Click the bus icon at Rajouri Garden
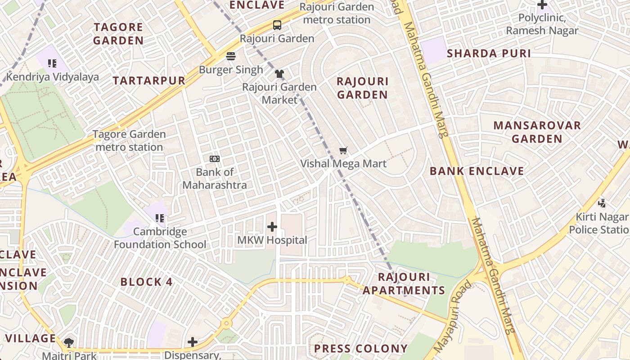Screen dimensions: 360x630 pos(277,25)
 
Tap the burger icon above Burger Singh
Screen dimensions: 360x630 pos(231,56)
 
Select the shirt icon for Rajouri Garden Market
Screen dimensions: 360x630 pos(279,74)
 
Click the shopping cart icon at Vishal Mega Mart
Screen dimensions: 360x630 pos(343,150)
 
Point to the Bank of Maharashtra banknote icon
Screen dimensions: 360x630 pos(215,159)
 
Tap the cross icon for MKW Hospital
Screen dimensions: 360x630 pos(272,227)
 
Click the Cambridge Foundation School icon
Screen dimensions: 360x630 pos(160,219)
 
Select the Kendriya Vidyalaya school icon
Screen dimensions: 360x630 pos(53,63)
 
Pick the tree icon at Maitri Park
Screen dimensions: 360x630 pos(69,343)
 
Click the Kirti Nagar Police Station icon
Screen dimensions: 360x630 pos(602,203)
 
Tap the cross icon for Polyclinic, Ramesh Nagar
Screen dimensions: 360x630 pos(542,5)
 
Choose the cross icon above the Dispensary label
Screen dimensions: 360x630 pos(193,342)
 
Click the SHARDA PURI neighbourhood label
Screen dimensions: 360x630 pos(489,54)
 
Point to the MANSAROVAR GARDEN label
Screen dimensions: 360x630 pos(537,132)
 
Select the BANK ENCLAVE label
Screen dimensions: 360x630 pos(477,171)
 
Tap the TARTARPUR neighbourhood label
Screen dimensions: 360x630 pos(149,81)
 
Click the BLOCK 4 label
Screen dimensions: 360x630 pos(146,282)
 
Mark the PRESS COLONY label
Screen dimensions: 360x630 pos(360,349)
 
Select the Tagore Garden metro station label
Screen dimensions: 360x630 pos(129,140)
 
